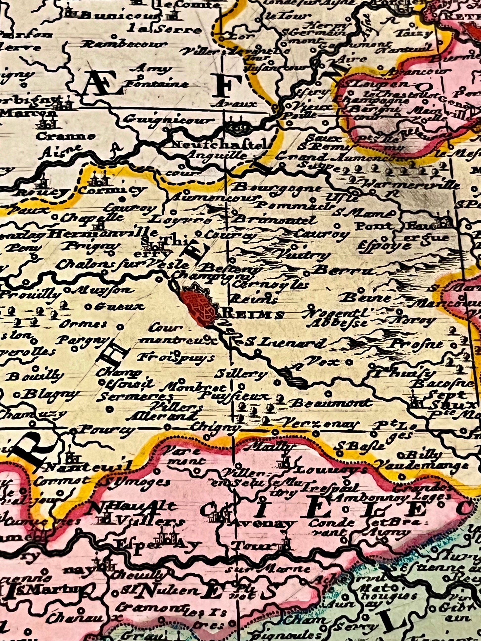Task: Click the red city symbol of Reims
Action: (x=199, y=308)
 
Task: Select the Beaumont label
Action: (x=330, y=403)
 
